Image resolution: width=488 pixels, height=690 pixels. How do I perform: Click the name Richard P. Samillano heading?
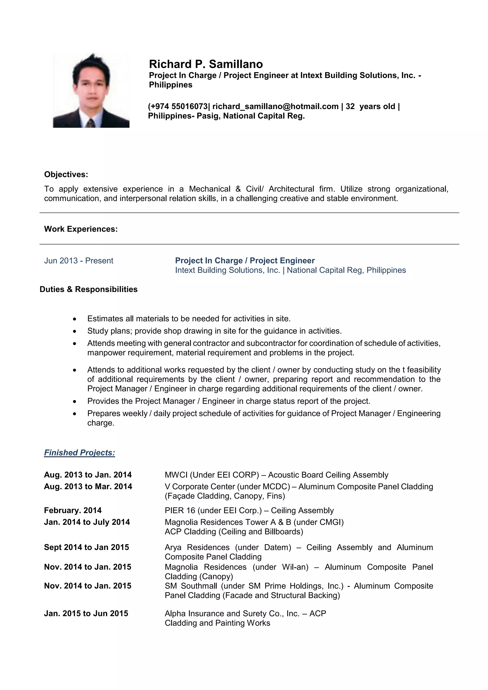click(x=206, y=64)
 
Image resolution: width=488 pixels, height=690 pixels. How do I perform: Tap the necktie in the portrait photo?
click(x=90, y=123)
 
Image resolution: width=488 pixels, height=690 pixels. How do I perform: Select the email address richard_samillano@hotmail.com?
click(x=275, y=106)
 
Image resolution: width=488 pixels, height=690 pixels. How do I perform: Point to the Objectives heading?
click(x=66, y=174)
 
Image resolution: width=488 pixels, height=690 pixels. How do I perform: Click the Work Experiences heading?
click(x=81, y=229)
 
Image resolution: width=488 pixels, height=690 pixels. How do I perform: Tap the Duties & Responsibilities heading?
click(x=88, y=289)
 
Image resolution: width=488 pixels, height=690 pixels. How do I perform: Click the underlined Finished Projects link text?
click(x=79, y=453)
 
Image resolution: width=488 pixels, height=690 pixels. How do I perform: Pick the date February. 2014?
click(x=73, y=510)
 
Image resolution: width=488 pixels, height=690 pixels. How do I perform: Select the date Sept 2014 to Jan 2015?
click(x=86, y=547)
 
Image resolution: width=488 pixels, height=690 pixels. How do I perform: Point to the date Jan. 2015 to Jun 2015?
click(x=86, y=613)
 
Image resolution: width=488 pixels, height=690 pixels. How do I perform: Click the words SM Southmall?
click(x=191, y=586)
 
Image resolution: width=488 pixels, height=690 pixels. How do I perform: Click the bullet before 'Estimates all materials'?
click(x=75, y=319)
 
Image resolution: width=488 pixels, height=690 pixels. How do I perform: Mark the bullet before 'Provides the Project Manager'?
click(x=75, y=402)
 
